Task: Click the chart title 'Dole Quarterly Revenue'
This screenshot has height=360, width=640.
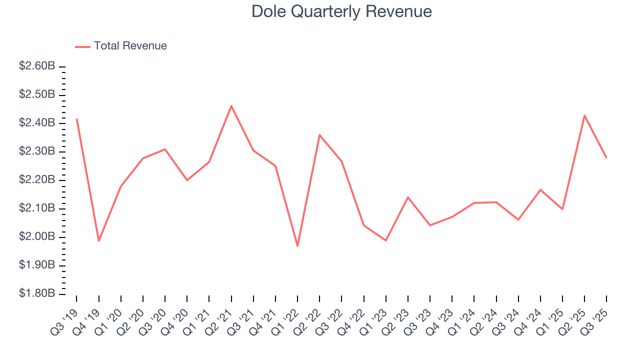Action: (341, 11)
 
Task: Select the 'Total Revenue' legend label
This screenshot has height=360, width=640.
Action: (130, 46)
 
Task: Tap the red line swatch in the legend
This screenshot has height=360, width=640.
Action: (82, 46)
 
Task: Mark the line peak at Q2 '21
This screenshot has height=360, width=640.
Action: (231, 106)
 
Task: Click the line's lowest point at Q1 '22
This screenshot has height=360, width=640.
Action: (297, 246)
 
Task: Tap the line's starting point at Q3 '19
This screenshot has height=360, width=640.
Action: (76, 119)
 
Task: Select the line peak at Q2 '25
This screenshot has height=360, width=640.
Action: (584, 115)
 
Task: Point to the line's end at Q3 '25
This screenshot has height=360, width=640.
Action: (606, 157)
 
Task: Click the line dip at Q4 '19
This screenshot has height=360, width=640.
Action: (99, 241)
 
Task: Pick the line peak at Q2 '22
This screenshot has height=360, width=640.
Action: (319, 135)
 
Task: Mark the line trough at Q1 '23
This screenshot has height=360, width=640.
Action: (385, 240)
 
